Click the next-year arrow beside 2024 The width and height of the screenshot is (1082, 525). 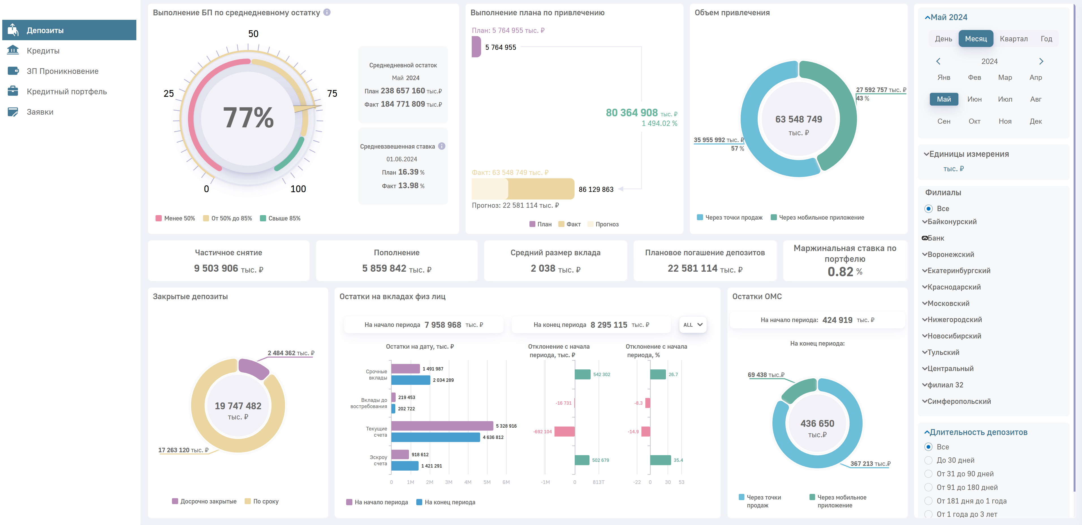[x=1041, y=61]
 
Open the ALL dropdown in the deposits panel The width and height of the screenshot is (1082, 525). [x=693, y=325]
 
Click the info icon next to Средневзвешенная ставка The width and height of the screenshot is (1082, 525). [x=441, y=146]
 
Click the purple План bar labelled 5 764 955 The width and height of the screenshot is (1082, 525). [x=476, y=47]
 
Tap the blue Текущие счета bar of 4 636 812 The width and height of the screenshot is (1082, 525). [x=435, y=437]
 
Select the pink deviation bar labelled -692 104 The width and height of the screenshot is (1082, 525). [x=564, y=431]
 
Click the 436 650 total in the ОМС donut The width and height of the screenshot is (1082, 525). [x=817, y=423]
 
